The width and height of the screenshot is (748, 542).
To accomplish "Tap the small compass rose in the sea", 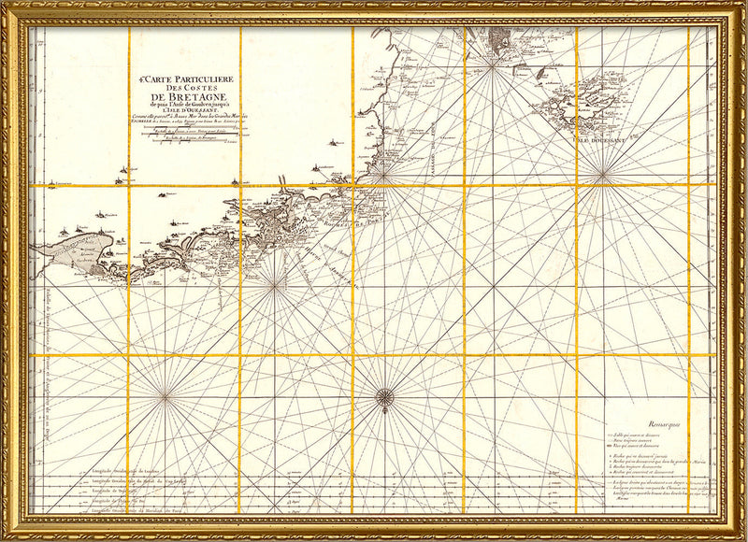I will point(383,399).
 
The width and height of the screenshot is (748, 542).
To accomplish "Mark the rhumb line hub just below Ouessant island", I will point(603,171).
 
